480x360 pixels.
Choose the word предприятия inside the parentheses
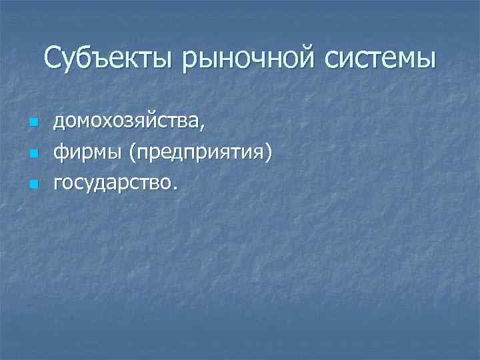(x=201, y=153)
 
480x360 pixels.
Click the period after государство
(x=175, y=187)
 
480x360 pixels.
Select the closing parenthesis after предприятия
(x=269, y=153)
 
